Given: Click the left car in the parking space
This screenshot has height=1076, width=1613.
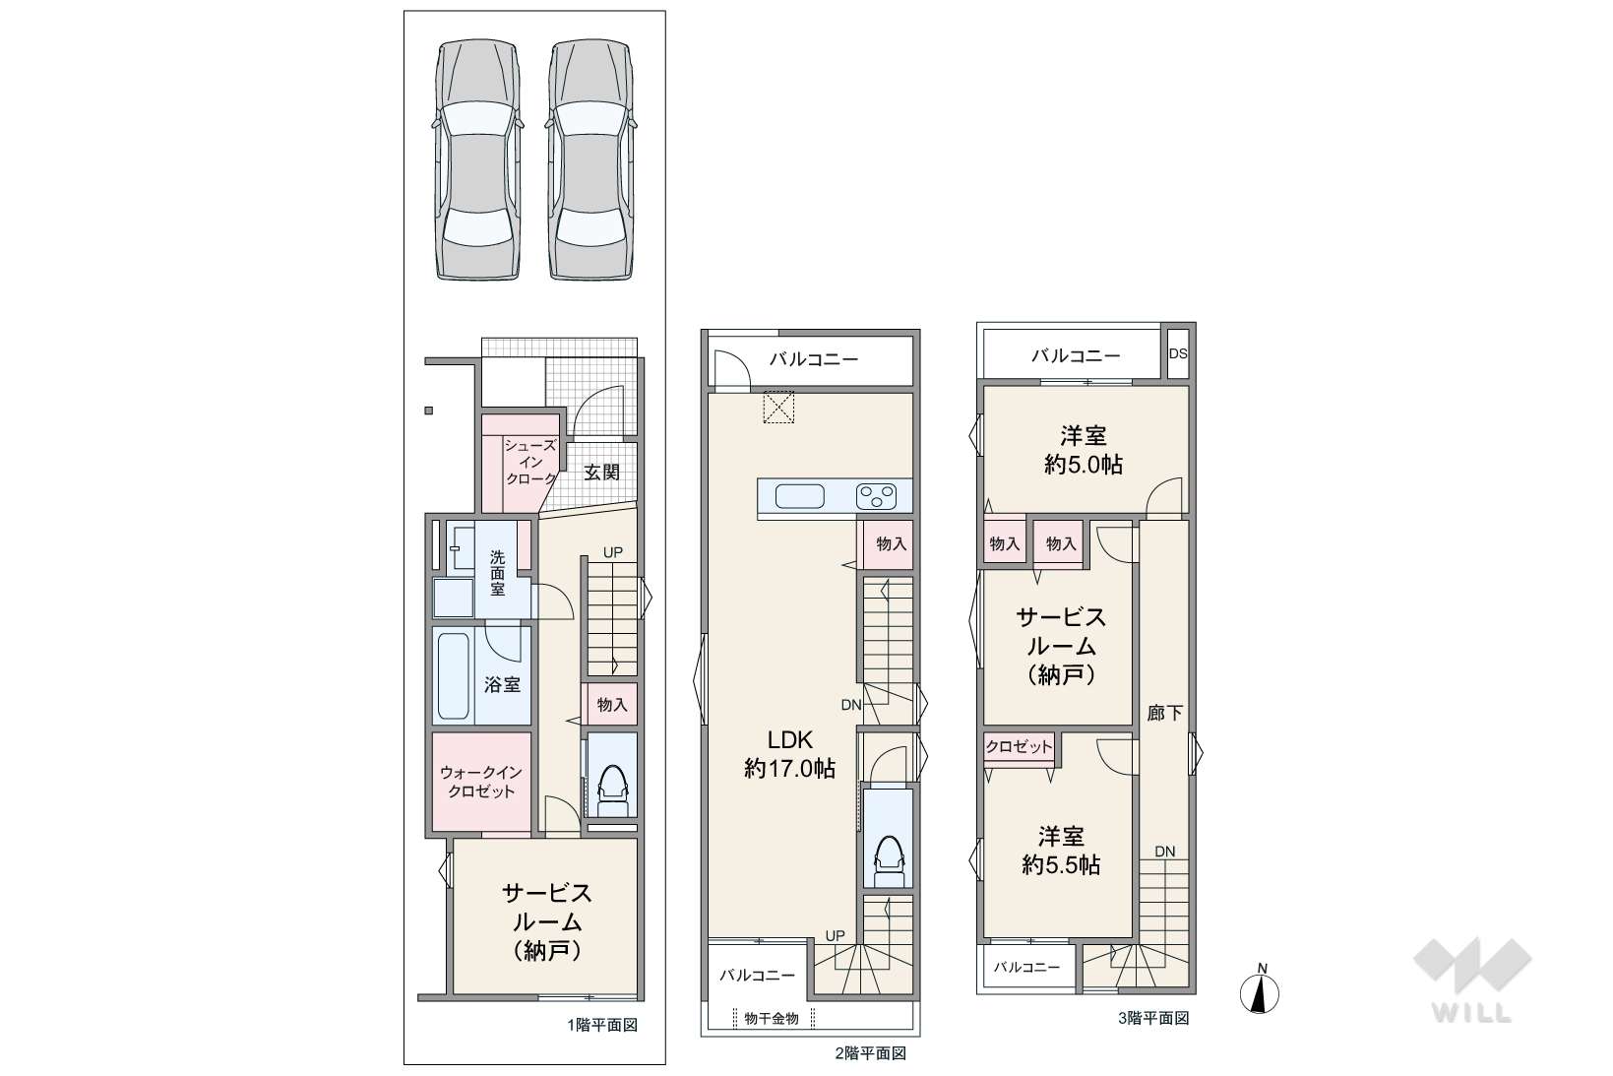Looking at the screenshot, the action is (478, 159).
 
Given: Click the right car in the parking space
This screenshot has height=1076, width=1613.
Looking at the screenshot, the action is (591, 159).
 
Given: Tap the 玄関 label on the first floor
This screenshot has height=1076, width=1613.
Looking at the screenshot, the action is (601, 473).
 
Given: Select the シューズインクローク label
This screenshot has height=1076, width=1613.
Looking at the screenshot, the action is (530, 463).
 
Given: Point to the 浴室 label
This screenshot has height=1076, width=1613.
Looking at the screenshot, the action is (502, 684).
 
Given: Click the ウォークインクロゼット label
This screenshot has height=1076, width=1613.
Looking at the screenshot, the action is (481, 783).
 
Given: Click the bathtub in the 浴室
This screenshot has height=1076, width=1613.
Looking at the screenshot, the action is (454, 675).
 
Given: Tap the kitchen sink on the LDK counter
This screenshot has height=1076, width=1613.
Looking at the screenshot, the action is (799, 496).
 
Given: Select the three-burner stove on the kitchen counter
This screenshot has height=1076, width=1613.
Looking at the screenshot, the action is (876, 497).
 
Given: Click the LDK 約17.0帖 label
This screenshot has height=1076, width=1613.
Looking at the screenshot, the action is (790, 754).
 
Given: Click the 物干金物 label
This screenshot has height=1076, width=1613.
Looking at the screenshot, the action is (772, 1018).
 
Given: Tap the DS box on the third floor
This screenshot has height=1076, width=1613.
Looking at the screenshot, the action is (1178, 353).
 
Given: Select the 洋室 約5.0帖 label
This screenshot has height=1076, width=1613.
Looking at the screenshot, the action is (1083, 450).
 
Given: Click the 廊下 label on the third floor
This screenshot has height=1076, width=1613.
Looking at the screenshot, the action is (1164, 713).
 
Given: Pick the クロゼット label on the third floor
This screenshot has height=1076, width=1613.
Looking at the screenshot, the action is (1019, 747).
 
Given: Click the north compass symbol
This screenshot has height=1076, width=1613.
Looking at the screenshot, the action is (1260, 990).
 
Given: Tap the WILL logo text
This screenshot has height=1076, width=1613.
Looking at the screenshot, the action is (1472, 1014).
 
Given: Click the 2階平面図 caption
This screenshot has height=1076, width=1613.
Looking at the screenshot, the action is (871, 1053).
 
